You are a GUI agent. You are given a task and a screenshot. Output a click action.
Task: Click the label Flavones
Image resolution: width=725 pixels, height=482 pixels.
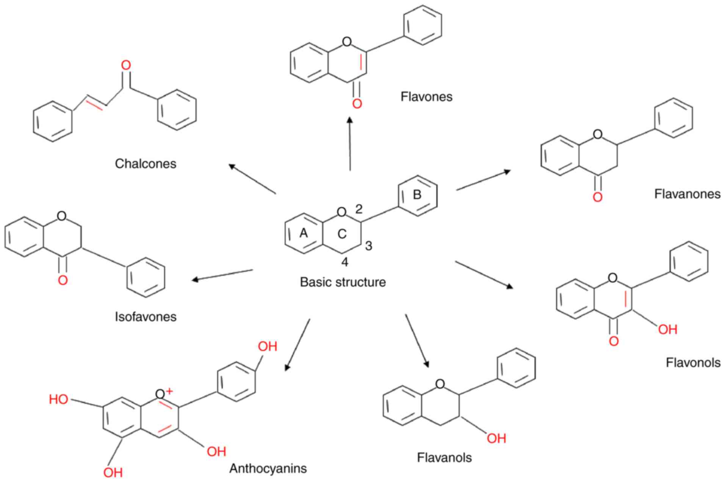426,97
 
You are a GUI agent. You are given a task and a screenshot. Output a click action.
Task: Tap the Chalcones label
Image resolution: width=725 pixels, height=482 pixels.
146,164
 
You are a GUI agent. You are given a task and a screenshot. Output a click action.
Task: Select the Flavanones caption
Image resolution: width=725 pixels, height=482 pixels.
687,194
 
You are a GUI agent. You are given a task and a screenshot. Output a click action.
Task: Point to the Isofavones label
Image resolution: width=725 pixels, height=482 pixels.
146,317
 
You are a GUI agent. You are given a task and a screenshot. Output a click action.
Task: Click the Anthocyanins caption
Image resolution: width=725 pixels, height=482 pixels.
268,468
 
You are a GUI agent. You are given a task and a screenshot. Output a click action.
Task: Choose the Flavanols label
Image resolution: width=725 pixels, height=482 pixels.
444,457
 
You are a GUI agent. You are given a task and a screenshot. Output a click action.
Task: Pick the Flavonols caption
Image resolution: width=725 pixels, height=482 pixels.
693,362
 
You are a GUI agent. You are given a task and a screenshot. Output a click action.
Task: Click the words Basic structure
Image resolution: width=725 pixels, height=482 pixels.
343,282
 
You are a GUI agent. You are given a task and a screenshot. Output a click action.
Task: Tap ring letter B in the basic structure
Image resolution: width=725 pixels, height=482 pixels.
417,195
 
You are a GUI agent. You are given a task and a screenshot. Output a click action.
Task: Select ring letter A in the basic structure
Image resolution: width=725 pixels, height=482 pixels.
304,233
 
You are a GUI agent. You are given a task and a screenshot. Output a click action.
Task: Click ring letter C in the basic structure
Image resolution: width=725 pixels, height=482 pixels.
342,234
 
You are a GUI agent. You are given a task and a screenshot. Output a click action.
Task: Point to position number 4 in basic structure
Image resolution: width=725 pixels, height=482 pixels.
344,262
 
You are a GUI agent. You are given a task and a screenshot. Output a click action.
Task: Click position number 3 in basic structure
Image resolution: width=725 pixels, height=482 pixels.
368,246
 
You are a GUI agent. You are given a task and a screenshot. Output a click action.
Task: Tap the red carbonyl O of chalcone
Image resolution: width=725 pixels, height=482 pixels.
126,66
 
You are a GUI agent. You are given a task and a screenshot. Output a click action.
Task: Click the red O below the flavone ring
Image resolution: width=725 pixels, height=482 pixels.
357,103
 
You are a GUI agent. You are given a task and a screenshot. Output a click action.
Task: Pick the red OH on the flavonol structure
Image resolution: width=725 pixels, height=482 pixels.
667,329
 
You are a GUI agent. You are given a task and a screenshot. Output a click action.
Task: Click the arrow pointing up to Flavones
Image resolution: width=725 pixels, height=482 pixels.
350,144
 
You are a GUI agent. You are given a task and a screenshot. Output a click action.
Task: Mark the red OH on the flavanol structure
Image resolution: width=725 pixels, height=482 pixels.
496,438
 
